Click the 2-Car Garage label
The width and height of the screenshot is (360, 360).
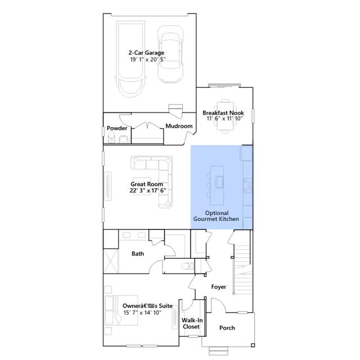pyautogui.click(x=146, y=53)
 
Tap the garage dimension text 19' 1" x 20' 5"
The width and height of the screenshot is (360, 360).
pyautogui.click(x=148, y=60)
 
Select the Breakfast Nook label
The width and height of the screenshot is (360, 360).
pyautogui.click(x=223, y=112)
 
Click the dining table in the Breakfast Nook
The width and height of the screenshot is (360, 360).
pyautogui.click(x=225, y=116)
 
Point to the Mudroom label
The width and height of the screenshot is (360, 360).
pyautogui.click(x=179, y=126)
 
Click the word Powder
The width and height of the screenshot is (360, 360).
pyautogui.click(x=117, y=128)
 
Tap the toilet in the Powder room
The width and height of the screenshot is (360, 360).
pyautogui.click(x=111, y=138)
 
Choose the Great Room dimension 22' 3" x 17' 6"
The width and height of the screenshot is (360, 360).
pyautogui.click(x=148, y=190)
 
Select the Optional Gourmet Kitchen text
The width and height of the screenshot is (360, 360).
pyautogui.click(x=216, y=216)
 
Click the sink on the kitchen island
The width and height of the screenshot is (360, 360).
pyautogui.click(x=219, y=182)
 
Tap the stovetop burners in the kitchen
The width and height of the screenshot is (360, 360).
pyautogui.click(x=247, y=186)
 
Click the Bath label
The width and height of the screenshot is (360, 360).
pyautogui.click(x=138, y=254)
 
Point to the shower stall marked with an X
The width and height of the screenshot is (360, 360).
pyautogui.click(x=111, y=261)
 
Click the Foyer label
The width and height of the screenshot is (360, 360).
pyautogui.click(x=219, y=287)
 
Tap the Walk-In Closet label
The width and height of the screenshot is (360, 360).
pyautogui.click(x=192, y=323)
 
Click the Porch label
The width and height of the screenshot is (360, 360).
pyautogui.click(x=227, y=328)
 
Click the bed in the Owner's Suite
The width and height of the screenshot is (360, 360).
pyautogui.click(x=114, y=310)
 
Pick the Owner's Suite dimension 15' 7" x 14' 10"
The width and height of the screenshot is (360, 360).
pyautogui.click(x=142, y=313)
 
